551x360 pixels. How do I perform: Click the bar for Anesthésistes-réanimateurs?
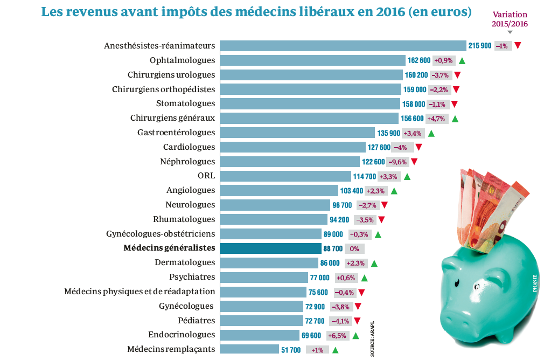pos(343,46)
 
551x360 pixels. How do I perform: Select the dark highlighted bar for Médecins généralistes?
pos(271,248)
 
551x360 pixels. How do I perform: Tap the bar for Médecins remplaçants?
pos(249,350)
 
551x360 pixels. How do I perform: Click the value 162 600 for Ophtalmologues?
pos(419,60)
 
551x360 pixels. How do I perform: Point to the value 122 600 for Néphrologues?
pos(373,162)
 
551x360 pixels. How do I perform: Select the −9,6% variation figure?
pos(397,162)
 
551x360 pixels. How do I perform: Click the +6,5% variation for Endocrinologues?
pos(337,335)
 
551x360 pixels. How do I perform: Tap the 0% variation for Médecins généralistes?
pos(354,248)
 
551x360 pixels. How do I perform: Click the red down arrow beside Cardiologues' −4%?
pos(419,147)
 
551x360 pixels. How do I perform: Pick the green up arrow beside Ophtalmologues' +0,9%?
pos(462,60)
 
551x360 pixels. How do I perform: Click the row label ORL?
pos(206,176)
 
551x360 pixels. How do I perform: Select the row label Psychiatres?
pos(192,277)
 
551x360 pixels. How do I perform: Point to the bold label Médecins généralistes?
pos(169,248)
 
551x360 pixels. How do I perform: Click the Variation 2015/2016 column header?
pos(510,19)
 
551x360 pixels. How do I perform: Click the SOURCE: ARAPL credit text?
pos(372,339)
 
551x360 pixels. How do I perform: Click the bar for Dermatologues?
pos(269,263)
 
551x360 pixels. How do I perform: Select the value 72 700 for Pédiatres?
pos(315,321)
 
